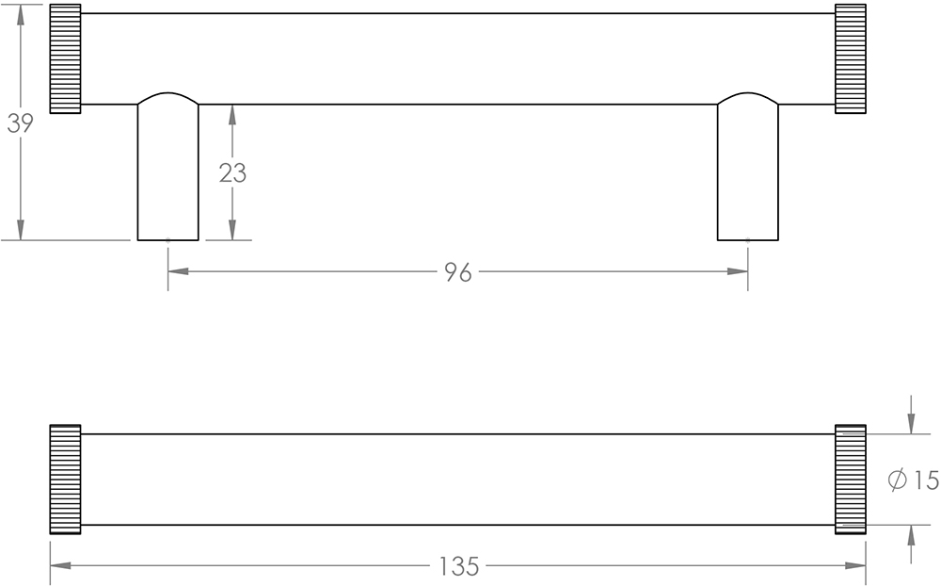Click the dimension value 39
pos(20,123)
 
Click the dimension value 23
pos(232,173)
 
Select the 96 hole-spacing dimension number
pos(457,272)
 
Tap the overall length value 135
pos(459,567)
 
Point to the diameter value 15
pos(926,480)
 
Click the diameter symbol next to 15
pos(898,480)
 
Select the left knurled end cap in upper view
pos(65,58)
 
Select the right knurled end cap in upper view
pos(851,58)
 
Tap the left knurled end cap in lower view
pos(65,480)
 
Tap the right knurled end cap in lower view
pos(851,480)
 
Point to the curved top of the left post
pos(168,96)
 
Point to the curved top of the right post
pos(748,96)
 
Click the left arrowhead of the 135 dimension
pos(59,566)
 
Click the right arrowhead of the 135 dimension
pos(856,566)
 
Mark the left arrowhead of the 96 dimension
pos(178,272)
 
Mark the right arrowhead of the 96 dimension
pos(739,272)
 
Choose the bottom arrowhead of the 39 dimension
pos(21,230)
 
